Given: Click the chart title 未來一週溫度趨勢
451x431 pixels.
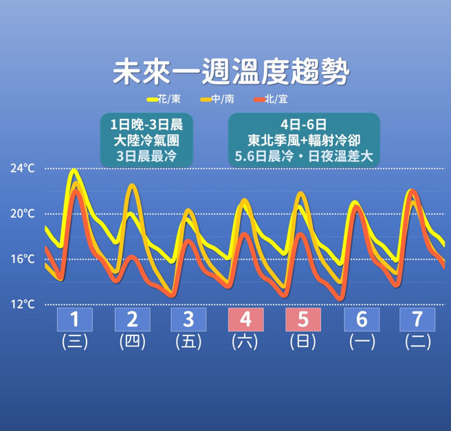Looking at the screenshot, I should (230, 71).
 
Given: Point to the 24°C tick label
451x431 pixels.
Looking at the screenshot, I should (23, 168).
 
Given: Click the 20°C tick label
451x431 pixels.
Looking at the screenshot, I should (23, 213).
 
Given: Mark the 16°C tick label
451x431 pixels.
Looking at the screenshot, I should (23, 258).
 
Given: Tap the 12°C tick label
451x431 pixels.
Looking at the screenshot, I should (23, 304).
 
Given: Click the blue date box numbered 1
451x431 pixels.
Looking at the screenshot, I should (74, 320).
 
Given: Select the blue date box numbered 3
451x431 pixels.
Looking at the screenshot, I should (188, 320).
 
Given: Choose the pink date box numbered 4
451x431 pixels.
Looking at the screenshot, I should (245, 320).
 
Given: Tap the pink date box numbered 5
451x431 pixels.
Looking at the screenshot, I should (303, 320).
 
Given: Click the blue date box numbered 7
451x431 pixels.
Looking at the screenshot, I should (417, 320).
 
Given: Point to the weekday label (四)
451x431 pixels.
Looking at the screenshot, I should (132, 342).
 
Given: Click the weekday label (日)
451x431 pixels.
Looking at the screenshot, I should (303, 342).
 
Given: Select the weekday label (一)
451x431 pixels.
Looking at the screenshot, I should (361, 342).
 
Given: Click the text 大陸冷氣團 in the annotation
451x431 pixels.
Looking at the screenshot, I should (146, 141).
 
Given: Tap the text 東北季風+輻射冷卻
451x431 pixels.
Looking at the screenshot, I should (304, 141).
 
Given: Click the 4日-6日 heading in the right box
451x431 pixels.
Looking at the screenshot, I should (304, 125).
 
